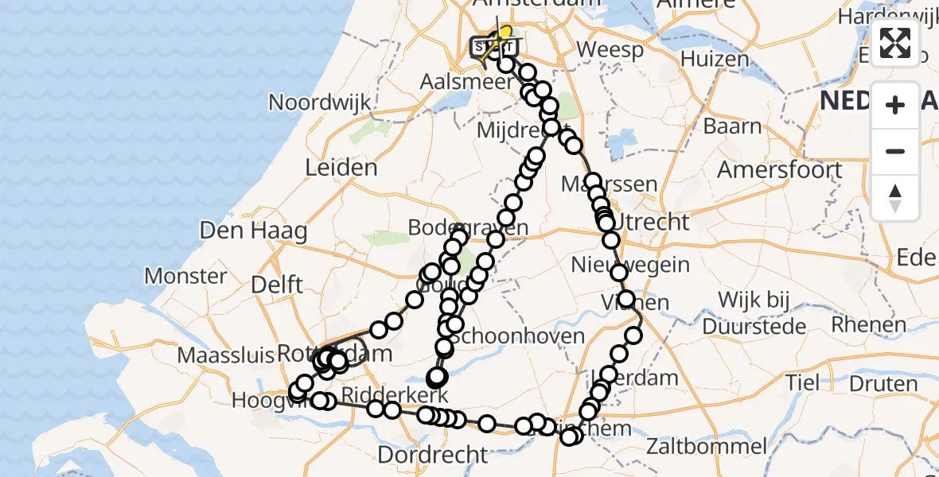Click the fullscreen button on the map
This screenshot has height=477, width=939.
click(895, 43)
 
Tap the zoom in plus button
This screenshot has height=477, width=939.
click(895, 105)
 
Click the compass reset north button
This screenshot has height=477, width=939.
click(895, 198)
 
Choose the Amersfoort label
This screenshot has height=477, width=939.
click(780, 170)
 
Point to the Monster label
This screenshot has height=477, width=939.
click(185, 277)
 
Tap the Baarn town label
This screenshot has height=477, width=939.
click(732, 126)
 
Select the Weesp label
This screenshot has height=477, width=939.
click(610, 49)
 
